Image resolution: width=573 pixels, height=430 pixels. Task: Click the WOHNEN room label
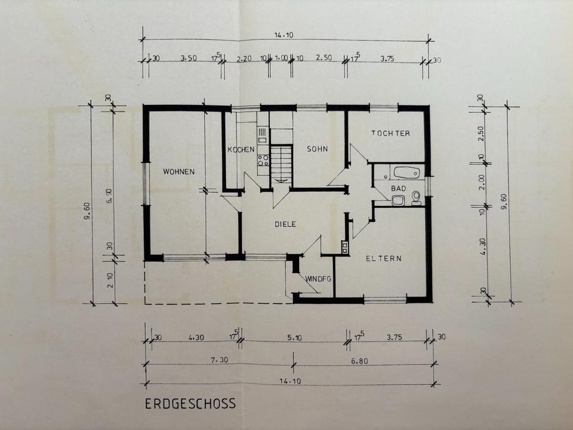[178, 171]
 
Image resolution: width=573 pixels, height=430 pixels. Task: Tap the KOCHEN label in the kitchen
[241, 149]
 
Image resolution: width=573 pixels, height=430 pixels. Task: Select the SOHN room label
[317, 149]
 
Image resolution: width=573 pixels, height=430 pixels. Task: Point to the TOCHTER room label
[390, 133]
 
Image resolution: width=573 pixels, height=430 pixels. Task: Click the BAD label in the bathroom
[398, 189]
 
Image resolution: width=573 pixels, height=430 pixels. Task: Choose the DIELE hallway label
[285, 224]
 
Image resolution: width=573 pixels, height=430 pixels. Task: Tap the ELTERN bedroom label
[384, 258]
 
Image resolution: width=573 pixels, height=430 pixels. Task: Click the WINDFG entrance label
[318, 279]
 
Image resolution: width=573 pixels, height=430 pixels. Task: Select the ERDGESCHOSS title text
[190, 404]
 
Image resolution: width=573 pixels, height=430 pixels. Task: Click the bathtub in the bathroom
[406, 173]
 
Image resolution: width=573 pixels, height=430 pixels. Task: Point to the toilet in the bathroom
[416, 198]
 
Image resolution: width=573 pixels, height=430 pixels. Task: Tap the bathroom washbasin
[398, 201]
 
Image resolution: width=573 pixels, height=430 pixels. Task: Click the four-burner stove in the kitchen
[263, 160]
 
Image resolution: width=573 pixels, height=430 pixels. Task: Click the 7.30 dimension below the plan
[220, 360]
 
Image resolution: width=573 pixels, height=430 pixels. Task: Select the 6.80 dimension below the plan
[359, 361]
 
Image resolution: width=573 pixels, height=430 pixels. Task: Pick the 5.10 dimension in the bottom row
[294, 338]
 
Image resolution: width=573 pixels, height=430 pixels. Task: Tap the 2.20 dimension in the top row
[244, 59]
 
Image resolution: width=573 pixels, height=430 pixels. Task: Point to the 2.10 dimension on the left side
[110, 281]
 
